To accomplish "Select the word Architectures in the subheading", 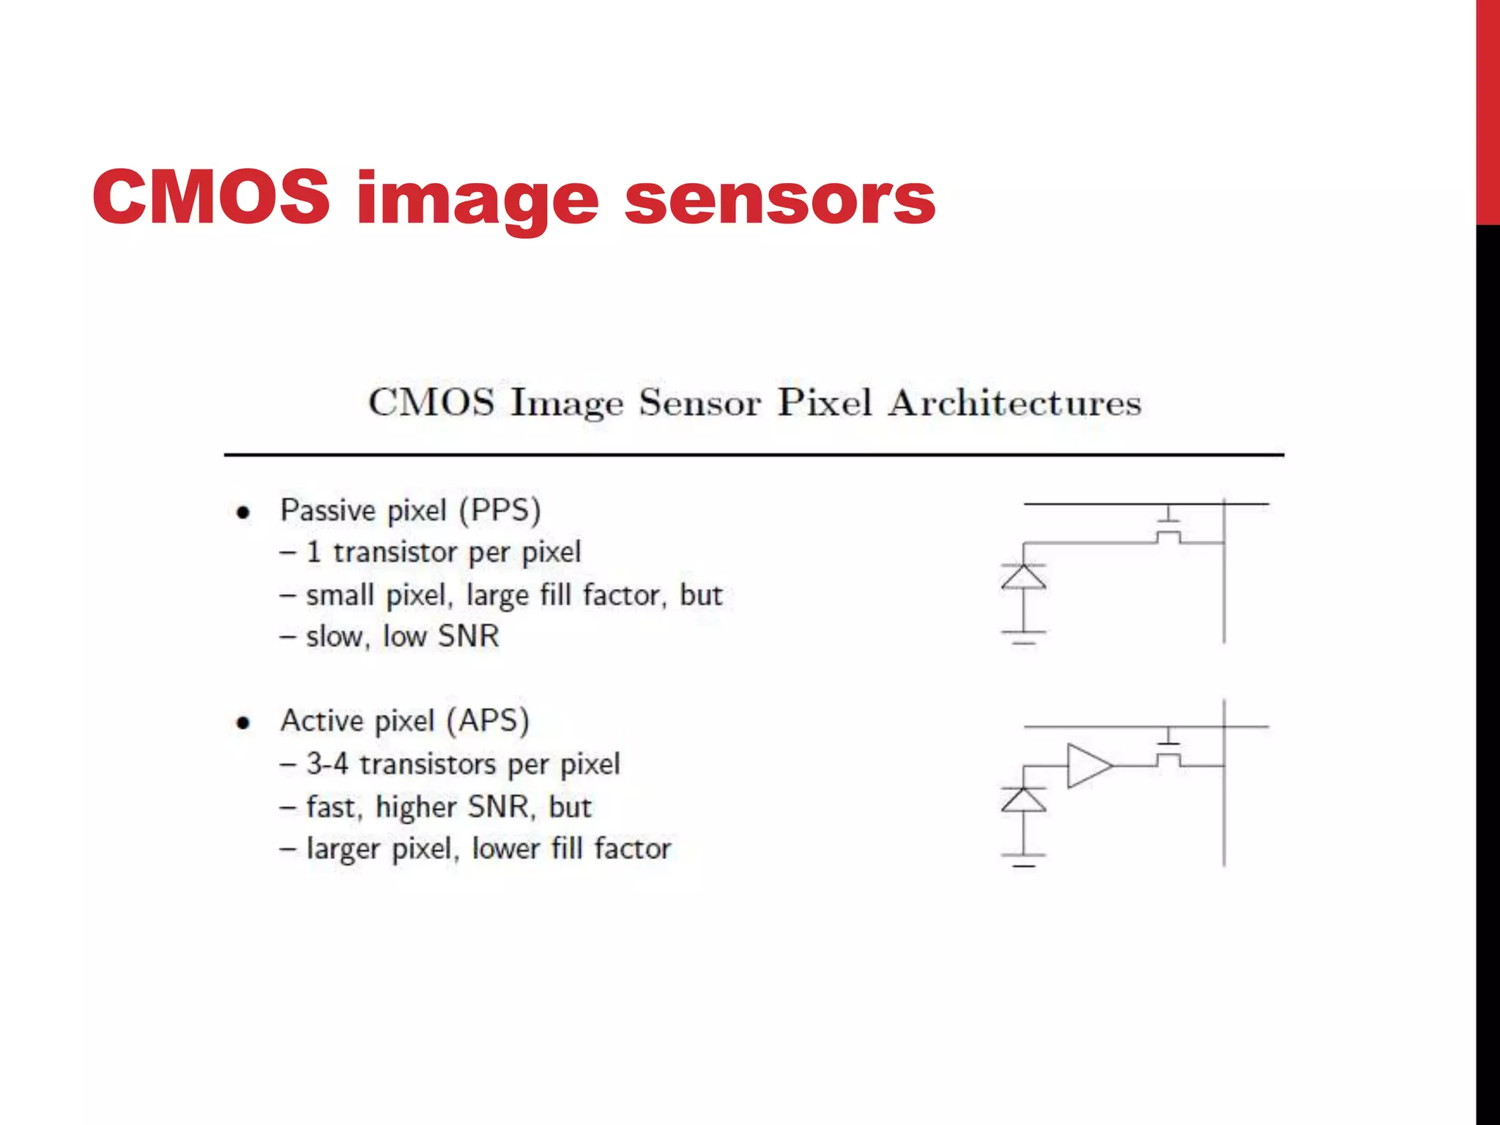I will (x=1014, y=403).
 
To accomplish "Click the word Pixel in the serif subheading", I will (x=824, y=403).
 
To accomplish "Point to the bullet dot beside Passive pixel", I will (x=243, y=512).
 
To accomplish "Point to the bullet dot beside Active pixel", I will (x=243, y=723).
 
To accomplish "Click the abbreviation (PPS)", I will (x=500, y=510).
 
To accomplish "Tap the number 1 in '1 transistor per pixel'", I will (x=313, y=552).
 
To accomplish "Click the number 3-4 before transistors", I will (x=327, y=764).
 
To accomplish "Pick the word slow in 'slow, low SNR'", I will (x=334, y=636).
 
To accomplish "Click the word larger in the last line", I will (x=343, y=850).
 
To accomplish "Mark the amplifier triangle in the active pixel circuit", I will (x=1088, y=765).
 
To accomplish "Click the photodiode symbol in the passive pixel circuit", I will (x=1023, y=577).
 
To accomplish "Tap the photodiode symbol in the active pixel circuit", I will (x=1023, y=800).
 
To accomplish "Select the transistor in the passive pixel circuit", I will (x=1169, y=529).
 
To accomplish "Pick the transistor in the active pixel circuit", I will (x=1169, y=751).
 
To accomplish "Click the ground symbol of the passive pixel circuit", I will (x=1023, y=636).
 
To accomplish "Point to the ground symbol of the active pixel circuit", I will (x=1023, y=860).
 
